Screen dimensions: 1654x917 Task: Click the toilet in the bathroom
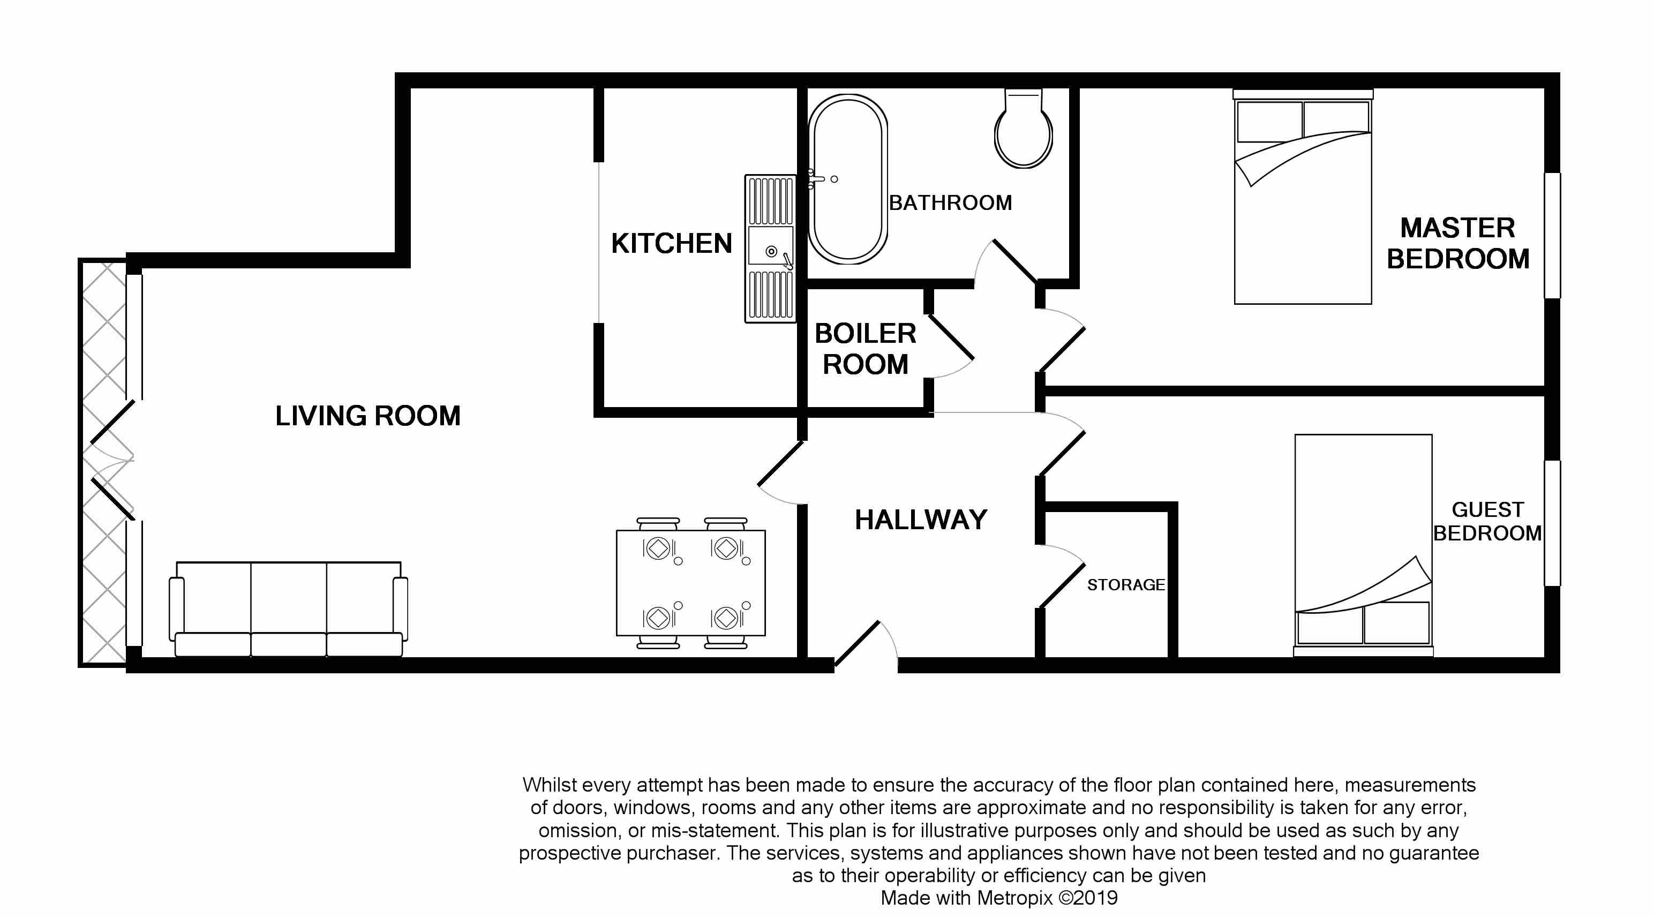point(1023,129)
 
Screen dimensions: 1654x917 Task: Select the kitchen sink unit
point(770,249)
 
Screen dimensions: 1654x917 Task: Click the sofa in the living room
point(288,609)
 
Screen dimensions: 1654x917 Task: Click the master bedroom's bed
point(1303,197)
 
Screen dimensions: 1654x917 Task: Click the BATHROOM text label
point(950,203)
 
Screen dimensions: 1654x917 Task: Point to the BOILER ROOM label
point(866,349)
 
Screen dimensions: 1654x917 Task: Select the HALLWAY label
point(921,520)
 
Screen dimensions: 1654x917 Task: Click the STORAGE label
point(1125,585)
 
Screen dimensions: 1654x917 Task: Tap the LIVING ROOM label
point(368,416)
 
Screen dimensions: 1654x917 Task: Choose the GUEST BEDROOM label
point(1487,521)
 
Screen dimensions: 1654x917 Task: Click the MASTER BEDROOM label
point(1457,243)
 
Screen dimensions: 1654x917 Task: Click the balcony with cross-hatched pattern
point(103,462)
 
